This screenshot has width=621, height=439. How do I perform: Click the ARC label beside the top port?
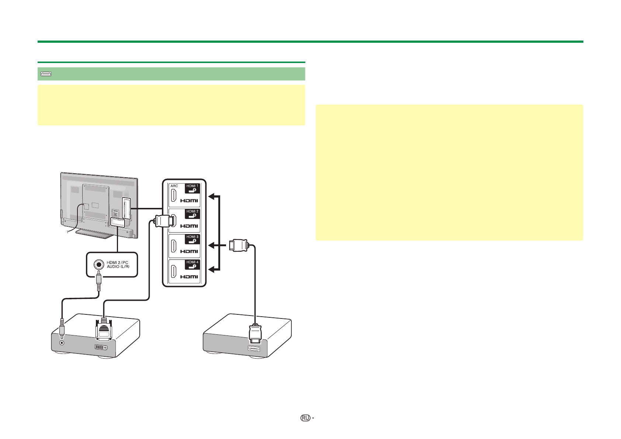click(174, 186)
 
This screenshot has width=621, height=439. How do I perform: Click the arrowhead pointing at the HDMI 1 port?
click(211, 196)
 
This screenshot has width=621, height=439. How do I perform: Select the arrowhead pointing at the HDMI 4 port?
click(211, 271)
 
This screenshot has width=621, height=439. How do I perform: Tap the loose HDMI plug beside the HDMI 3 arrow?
click(239, 245)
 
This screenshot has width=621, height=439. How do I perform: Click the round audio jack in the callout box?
click(98, 264)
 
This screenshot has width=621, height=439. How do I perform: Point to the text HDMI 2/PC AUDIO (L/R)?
click(118, 264)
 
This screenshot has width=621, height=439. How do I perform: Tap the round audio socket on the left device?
click(62, 342)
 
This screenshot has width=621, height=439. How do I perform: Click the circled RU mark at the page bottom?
click(305, 418)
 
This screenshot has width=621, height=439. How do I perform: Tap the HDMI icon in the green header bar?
click(46, 74)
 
